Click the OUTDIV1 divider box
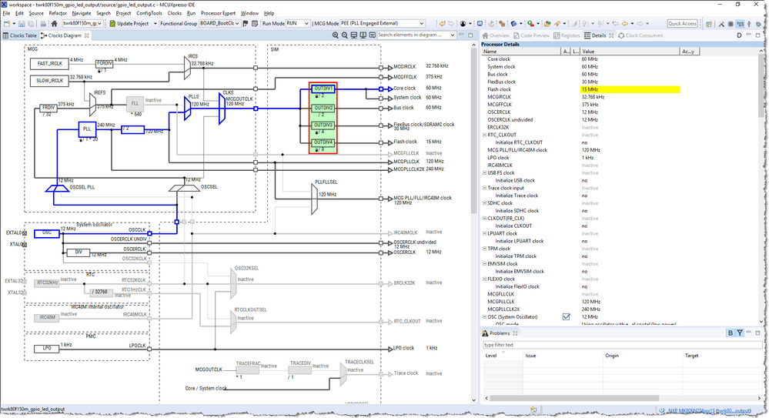point(323,89)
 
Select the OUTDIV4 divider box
point(323,142)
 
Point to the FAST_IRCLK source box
point(49,63)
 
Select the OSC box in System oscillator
point(46,232)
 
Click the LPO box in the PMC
point(46,348)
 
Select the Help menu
point(269,13)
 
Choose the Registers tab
point(567,35)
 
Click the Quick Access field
point(682,24)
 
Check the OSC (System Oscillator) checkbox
point(567,316)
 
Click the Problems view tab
point(500,333)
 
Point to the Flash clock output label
point(405,142)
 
